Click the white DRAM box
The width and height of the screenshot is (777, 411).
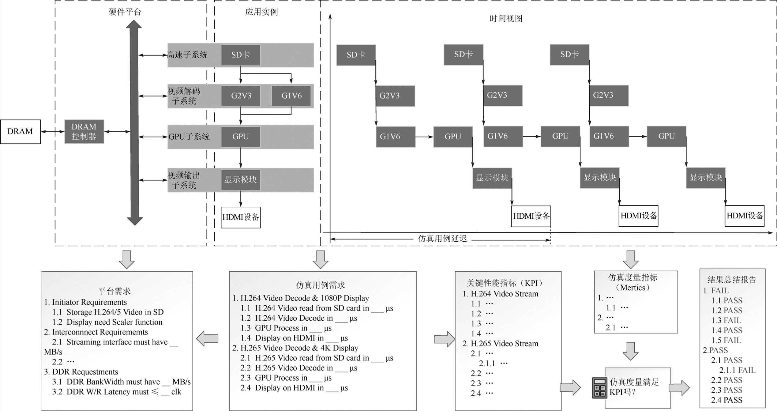click(x=20, y=132)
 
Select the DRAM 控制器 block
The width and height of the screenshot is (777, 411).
click(x=84, y=132)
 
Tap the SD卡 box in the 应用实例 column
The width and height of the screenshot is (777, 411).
click(x=241, y=55)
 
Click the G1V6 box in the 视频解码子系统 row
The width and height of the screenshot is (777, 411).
click(x=291, y=96)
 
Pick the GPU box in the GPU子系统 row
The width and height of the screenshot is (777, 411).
click(x=241, y=137)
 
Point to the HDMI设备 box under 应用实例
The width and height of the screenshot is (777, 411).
click(x=241, y=217)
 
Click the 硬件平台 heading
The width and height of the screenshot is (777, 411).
click(x=125, y=12)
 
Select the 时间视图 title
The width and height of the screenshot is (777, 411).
click(x=506, y=19)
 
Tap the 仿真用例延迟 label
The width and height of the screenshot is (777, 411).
click(x=442, y=239)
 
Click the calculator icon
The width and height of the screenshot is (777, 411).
click(x=599, y=388)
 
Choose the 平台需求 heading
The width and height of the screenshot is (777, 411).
click(x=114, y=291)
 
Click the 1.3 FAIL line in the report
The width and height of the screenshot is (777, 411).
click(x=726, y=320)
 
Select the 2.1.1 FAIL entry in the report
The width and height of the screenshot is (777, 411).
click(x=737, y=370)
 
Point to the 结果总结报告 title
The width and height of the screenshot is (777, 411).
click(x=732, y=279)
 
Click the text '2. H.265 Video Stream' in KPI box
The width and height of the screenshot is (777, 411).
click(x=500, y=344)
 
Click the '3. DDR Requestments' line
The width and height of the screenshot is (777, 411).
click(x=81, y=372)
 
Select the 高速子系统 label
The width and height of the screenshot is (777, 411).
click(x=187, y=55)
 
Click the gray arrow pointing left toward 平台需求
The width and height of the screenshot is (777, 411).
click(x=207, y=338)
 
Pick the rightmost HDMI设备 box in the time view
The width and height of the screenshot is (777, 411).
click(x=745, y=216)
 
